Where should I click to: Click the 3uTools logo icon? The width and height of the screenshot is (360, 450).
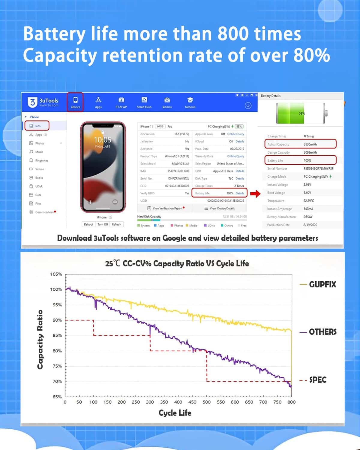[x=32, y=102]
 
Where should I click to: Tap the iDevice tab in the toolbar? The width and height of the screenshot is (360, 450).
[x=75, y=102]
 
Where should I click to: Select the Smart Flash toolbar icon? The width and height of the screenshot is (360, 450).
[x=144, y=102]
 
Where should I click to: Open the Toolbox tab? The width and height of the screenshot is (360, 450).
[x=167, y=102]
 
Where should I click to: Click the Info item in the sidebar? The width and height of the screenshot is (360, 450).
[x=37, y=126]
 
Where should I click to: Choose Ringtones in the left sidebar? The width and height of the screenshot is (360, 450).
[x=41, y=160]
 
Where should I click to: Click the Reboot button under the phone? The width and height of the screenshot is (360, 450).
[x=88, y=224]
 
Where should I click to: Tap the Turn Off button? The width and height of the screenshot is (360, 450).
[x=103, y=224]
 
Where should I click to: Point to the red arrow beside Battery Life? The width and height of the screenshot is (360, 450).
[x=255, y=193]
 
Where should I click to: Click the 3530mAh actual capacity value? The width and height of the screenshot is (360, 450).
[x=310, y=144]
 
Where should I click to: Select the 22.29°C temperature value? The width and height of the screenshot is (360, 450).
[x=309, y=201]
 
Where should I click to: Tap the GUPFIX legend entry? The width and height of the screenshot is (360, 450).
[x=322, y=284]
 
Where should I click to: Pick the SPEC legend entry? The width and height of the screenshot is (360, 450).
[x=317, y=380]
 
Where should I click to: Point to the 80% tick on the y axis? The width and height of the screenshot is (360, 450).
[x=57, y=351]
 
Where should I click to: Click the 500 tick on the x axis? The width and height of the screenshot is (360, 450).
[x=207, y=402]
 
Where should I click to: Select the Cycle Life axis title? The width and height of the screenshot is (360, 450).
[x=175, y=413]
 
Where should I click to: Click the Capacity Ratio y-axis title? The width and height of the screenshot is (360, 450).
[x=40, y=339]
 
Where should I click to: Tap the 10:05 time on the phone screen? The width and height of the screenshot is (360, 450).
[x=103, y=140]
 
